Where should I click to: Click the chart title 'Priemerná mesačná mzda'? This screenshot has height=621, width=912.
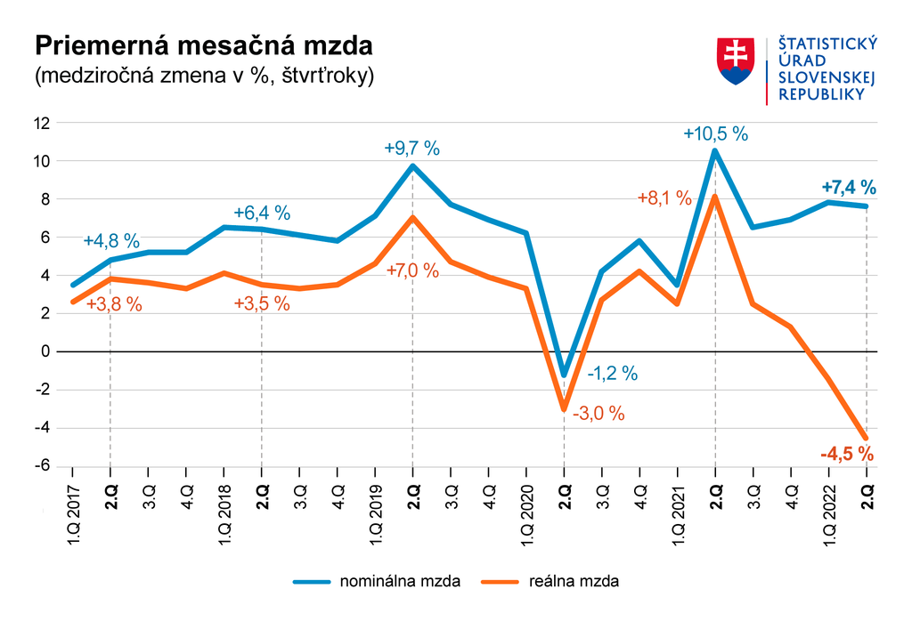[202, 46]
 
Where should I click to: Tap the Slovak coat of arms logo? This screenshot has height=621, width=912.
[737, 61]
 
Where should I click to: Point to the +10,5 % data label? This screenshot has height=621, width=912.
[715, 134]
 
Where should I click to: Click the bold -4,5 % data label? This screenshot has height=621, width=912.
[847, 455]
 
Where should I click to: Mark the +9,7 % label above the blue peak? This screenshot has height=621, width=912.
[411, 149]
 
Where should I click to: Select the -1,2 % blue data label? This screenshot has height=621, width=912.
[612, 374]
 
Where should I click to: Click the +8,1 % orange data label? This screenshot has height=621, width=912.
[664, 198]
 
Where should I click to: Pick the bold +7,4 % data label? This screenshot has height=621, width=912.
[848, 187]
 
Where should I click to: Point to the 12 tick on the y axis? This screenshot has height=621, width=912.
[41, 124]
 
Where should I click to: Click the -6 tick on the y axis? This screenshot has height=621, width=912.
[41, 467]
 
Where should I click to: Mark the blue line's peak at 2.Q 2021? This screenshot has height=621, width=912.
[714, 151]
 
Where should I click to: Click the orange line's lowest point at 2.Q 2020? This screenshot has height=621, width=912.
[563, 409]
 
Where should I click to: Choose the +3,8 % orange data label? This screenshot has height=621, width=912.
[114, 303]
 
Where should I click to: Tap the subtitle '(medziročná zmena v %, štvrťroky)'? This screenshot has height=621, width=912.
[204, 77]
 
